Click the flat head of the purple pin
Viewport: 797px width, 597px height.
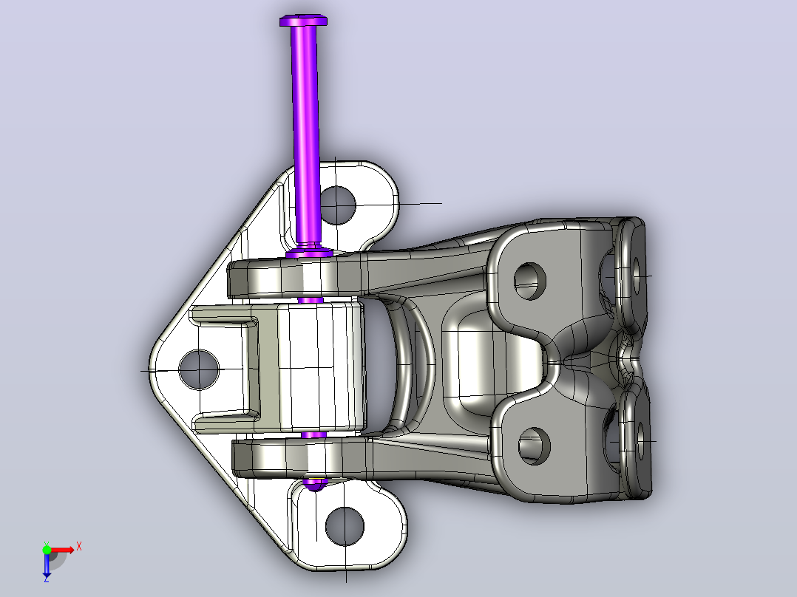[303, 21]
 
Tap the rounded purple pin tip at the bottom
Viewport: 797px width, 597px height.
[315, 484]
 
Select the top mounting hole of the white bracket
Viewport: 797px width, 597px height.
[336, 205]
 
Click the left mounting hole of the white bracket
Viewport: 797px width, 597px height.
[199, 369]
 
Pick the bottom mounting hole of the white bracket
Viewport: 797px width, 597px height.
[345, 526]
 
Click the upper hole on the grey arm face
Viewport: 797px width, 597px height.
[529, 281]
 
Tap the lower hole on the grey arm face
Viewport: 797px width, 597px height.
[535, 446]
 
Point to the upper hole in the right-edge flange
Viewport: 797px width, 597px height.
[637, 276]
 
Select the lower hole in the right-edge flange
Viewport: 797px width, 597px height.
[640, 441]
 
